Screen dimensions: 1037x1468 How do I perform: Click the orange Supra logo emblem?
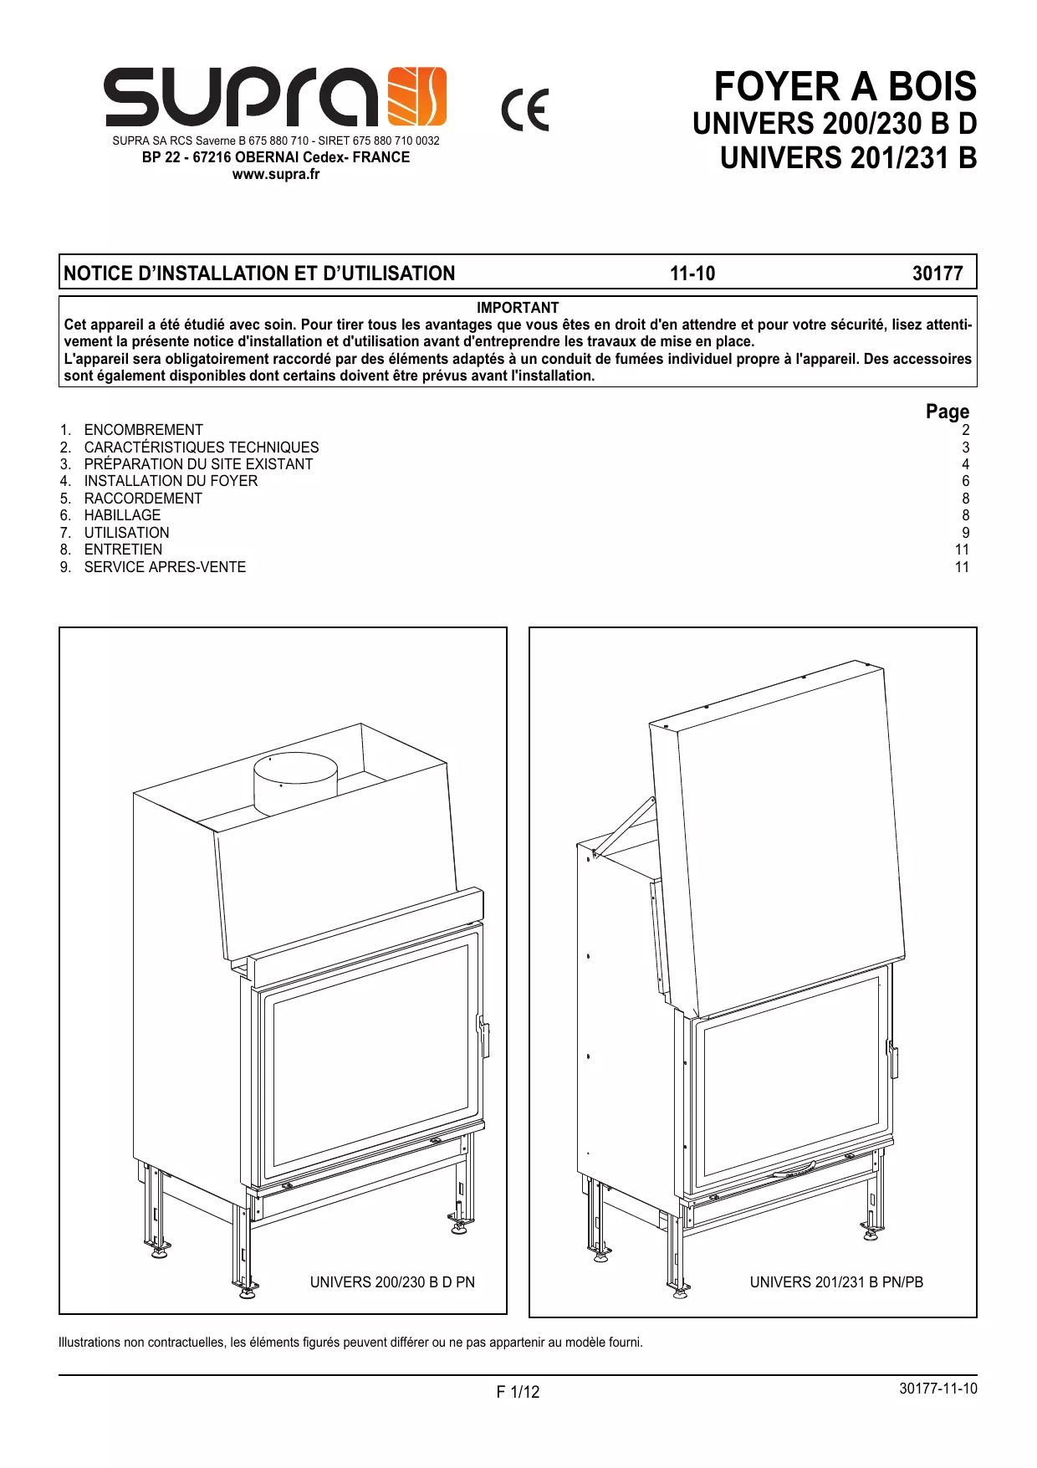point(418,96)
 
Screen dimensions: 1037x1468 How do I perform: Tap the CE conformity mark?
point(525,110)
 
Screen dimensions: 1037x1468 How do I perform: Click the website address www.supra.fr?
point(276,174)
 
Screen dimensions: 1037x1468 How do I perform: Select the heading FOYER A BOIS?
point(845,86)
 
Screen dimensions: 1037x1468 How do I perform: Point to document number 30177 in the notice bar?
point(937,274)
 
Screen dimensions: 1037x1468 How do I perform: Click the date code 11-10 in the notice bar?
point(692,274)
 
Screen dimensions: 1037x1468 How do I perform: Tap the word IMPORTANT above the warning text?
point(518,308)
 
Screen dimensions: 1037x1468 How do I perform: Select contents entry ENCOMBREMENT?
point(143,430)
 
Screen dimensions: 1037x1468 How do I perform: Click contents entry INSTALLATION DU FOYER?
point(171,481)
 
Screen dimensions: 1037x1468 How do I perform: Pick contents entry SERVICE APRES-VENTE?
point(165,567)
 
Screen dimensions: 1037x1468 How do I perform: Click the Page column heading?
point(948,412)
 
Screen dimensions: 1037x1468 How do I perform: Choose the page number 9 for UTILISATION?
point(966,533)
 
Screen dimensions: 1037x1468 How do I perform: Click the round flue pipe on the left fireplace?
point(295,783)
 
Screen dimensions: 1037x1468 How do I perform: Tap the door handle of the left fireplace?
point(483,1036)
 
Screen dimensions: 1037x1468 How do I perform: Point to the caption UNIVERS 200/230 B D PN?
point(392,1282)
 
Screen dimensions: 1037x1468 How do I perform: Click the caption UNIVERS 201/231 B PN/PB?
point(836,1282)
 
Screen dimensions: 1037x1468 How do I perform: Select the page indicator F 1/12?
point(518,1392)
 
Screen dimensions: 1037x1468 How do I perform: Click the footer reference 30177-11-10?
point(938,1389)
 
